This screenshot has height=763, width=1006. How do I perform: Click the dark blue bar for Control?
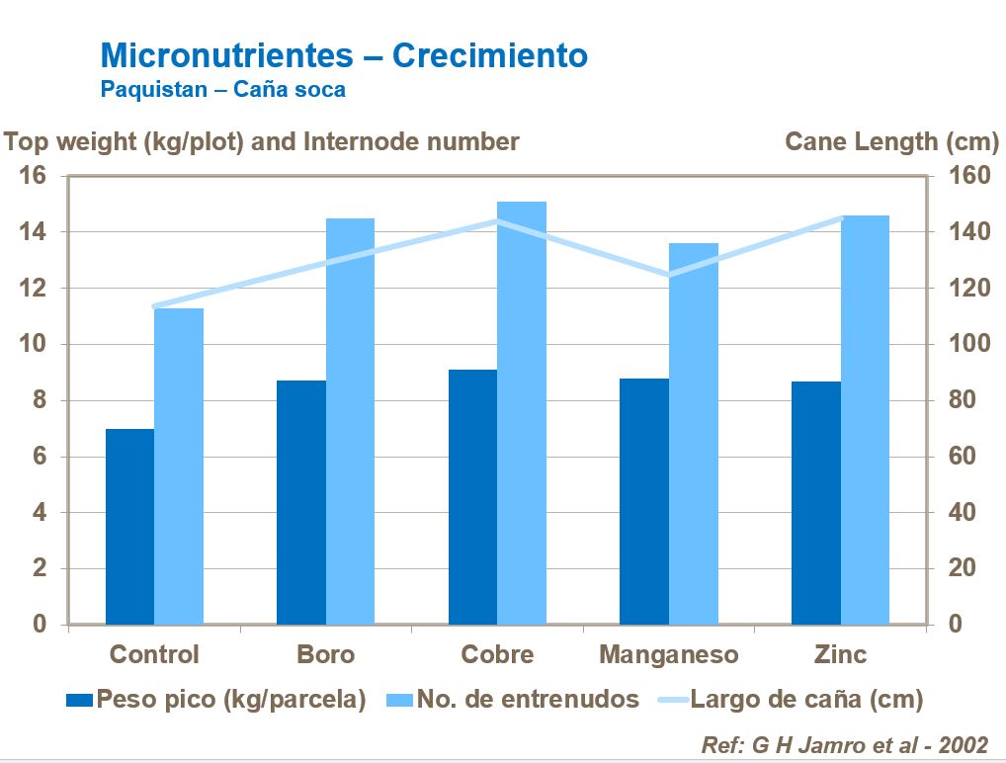(129, 527)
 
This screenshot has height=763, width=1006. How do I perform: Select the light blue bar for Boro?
(350, 421)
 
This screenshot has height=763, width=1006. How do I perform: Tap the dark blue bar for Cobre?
(472, 497)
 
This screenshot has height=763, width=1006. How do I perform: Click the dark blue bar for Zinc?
(815, 503)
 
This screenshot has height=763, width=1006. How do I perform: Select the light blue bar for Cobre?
(522, 413)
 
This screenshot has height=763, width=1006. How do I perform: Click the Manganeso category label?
(668, 654)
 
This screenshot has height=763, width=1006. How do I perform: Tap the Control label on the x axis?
(154, 654)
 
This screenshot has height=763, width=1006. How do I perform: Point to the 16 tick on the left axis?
(33, 176)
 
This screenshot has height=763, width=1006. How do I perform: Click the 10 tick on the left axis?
(33, 345)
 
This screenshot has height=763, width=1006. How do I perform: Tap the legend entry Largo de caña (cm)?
(805, 700)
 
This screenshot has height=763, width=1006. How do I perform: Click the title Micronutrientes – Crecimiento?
(344, 55)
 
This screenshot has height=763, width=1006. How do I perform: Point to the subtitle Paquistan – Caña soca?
(223, 89)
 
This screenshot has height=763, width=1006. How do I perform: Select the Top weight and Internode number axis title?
(262, 141)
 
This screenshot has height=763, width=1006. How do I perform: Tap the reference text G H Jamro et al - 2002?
(844, 744)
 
